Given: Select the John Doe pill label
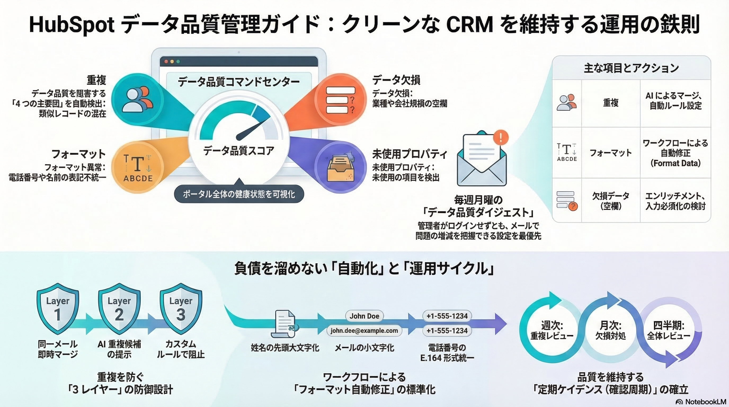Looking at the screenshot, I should tap(364, 316).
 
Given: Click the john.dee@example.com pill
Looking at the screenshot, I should tap(364, 331).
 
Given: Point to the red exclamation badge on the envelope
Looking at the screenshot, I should tap(501, 138).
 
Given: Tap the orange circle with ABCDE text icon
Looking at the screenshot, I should tap(138, 167).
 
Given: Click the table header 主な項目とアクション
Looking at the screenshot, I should tap(631, 68).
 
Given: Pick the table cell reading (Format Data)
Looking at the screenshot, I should tap(675, 163).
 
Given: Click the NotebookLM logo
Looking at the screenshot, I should tap(701, 402).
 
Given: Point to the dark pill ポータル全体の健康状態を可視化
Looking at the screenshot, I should tap(239, 194).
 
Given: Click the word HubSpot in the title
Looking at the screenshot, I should tap(72, 24).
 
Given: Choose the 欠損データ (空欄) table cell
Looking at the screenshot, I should tap(611, 201).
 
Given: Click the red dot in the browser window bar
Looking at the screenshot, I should tap(166, 61).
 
